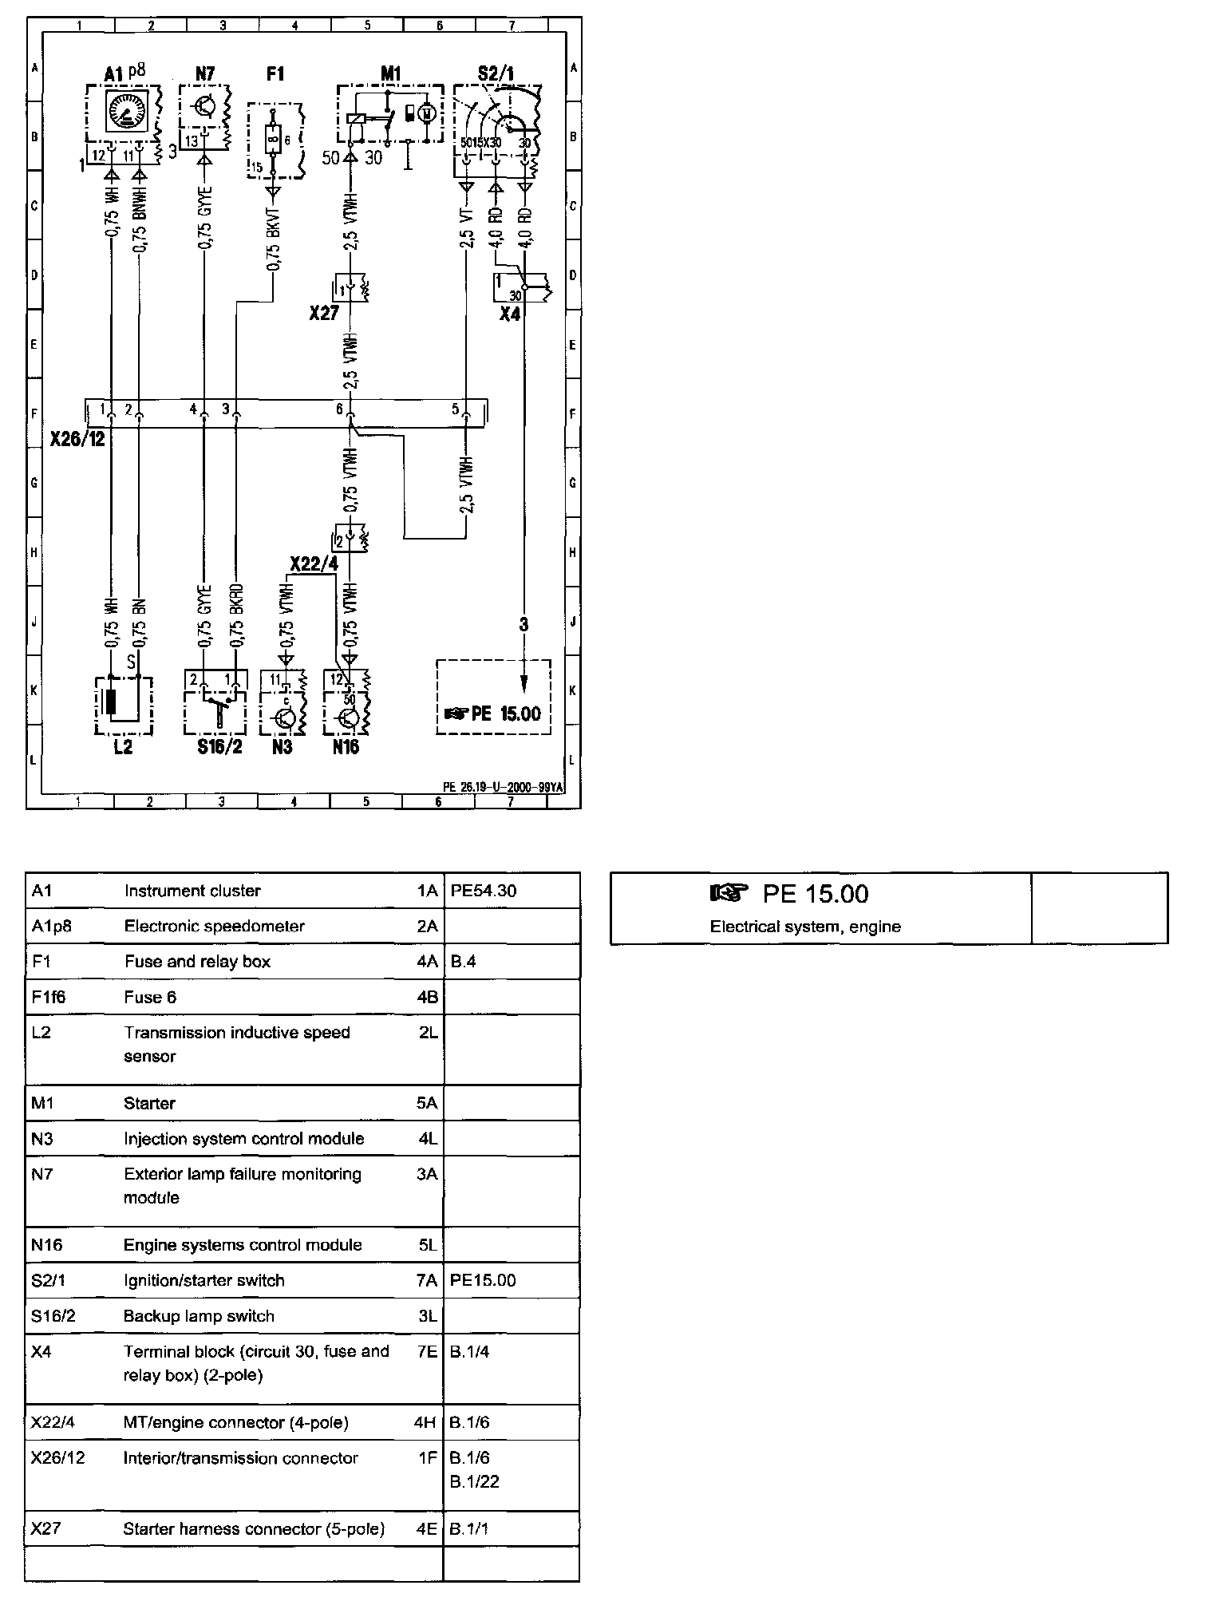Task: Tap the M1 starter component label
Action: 390,73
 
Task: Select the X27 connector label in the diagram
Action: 324,313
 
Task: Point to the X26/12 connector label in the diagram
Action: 77,439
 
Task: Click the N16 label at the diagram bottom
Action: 346,747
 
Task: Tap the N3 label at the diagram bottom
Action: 282,747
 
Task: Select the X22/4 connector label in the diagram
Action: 314,563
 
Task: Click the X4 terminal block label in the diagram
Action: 509,314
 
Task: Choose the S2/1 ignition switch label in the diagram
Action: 496,74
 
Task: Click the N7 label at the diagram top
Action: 205,73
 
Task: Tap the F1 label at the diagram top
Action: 275,73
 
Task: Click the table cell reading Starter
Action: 149,1103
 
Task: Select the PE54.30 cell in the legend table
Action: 483,891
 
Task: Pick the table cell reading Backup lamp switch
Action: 199,1316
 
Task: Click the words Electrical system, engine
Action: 805,927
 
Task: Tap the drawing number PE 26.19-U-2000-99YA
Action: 503,786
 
